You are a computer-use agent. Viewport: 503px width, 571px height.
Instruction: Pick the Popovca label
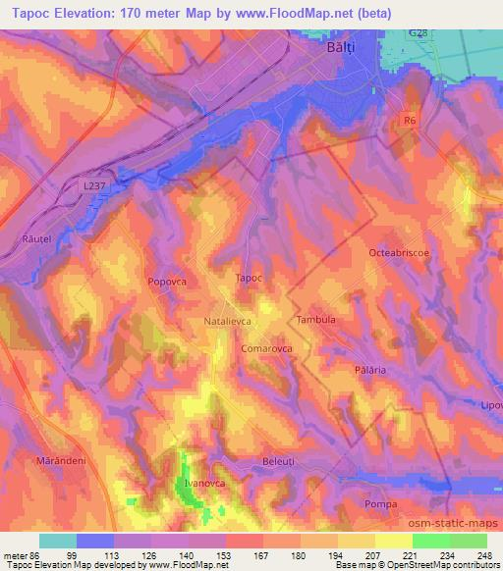(167, 281)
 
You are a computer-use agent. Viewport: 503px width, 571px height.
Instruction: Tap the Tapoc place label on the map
(250, 278)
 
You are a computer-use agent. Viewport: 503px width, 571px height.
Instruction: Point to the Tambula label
(316, 320)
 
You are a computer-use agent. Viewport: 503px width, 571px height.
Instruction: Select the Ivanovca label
(205, 484)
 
